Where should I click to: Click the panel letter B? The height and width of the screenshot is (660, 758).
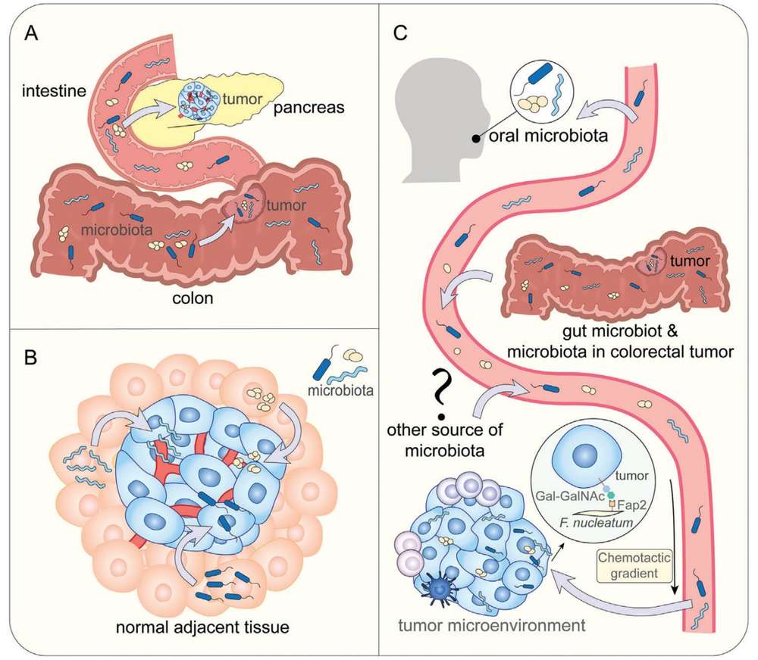click(31, 355)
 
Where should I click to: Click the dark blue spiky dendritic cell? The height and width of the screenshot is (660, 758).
click(440, 589)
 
